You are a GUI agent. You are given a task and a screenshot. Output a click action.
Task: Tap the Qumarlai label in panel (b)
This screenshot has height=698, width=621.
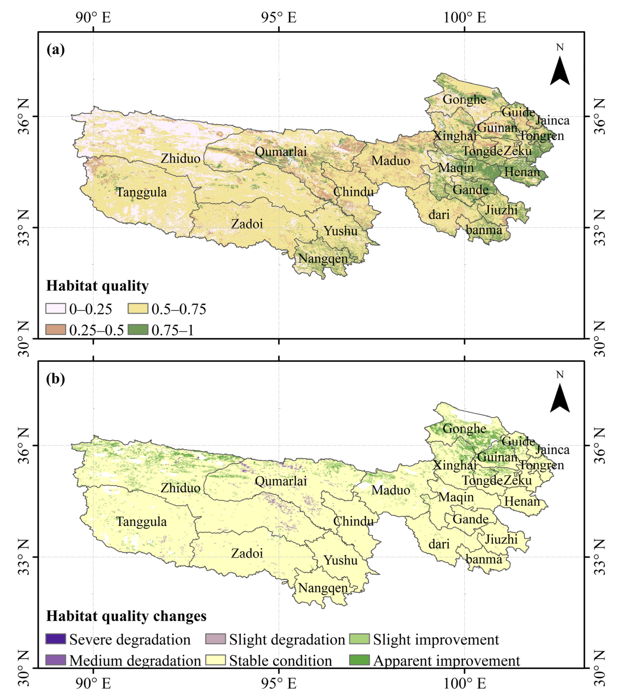(x=281, y=481)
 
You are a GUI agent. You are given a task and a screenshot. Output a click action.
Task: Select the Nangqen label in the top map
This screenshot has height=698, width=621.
(x=323, y=258)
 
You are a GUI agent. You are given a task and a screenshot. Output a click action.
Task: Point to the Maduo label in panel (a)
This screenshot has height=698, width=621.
(x=391, y=161)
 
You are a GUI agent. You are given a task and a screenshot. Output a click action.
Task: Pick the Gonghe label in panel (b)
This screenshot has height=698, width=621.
(x=464, y=429)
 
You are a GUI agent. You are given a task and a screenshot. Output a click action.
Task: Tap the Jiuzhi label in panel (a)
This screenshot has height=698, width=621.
(x=501, y=210)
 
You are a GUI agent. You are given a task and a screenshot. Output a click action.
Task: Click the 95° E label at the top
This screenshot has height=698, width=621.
(x=279, y=17)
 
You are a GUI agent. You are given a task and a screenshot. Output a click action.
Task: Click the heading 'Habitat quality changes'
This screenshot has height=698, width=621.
(x=126, y=616)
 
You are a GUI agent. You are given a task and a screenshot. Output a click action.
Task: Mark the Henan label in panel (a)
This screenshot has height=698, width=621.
(x=522, y=171)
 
